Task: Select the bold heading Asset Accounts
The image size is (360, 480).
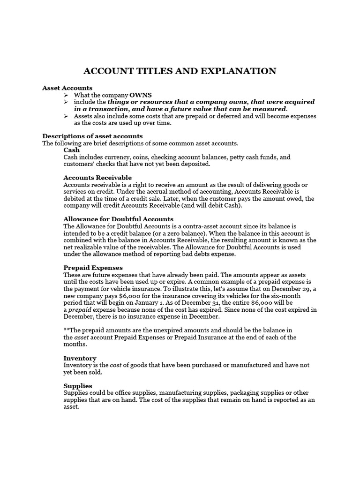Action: coord(67,88)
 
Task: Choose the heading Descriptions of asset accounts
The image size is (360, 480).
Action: coord(92,136)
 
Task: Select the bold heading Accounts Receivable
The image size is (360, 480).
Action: coord(97,178)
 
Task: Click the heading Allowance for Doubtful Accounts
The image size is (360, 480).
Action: coord(118,219)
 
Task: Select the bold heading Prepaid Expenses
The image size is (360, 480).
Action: coord(93,267)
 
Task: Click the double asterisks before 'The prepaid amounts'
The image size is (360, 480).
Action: coord(66,330)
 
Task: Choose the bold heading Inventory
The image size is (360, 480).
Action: coord(80,358)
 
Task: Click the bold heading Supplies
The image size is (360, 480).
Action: coord(78,385)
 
